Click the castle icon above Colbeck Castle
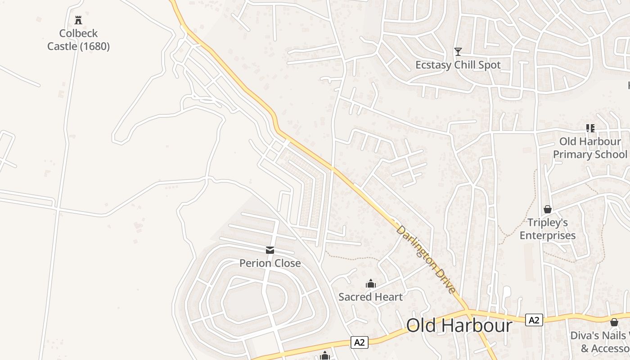(x=78, y=20)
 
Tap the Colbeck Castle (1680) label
(x=78, y=40)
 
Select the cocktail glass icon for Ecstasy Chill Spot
(x=458, y=52)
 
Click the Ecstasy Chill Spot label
(x=458, y=65)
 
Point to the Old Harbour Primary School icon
(x=590, y=128)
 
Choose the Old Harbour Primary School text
(x=589, y=148)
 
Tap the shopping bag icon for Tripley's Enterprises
(x=548, y=209)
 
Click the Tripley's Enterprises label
(x=548, y=229)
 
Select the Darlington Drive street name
(x=426, y=260)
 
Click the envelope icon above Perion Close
(x=270, y=250)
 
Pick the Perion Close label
(x=270, y=263)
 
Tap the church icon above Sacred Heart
(x=371, y=283)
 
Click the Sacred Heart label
(x=371, y=297)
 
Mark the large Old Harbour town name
(x=459, y=325)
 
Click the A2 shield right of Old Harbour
(x=534, y=320)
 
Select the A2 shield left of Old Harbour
(x=360, y=342)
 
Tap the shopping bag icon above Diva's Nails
(x=614, y=322)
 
